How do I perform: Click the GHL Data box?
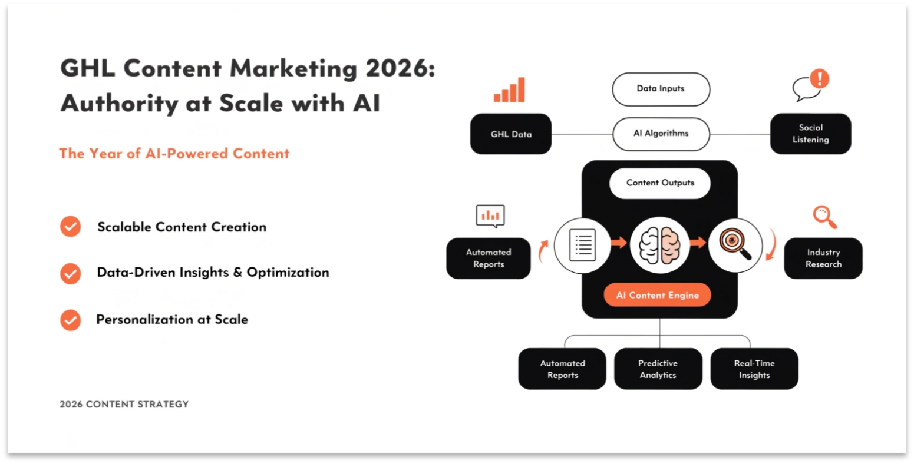point(510,134)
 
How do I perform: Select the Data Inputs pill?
point(661,89)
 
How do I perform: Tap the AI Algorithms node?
point(661,134)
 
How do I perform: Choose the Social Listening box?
point(810,134)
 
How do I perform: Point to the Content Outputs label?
point(660,183)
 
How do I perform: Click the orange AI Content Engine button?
point(657,296)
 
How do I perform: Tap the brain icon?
point(659,244)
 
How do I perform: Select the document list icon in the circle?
point(583,245)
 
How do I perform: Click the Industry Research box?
point(823,258)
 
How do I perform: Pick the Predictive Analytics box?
point(658,369)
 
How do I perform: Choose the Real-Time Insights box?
point(754,369)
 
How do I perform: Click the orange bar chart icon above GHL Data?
point(509,90)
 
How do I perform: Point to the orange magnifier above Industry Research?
point(824,217)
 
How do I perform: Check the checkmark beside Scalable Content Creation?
point(71,227)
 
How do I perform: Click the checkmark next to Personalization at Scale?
point(71,320)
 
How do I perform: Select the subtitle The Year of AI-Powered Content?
point(174,154)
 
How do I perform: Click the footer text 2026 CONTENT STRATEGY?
point(124,405)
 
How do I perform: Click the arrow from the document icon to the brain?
point(618,242)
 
